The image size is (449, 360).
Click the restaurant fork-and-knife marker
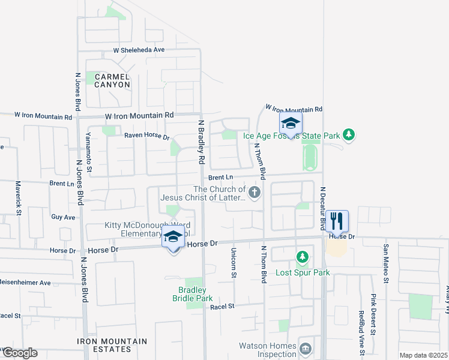pos(337,221)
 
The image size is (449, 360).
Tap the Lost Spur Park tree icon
pos(303,258)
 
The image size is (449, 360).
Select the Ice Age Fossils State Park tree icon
pos(349,135)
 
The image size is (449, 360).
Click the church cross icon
pos(255,193)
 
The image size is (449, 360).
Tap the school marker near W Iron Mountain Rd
pos(290,124)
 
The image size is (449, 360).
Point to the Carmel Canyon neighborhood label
pos(108,80)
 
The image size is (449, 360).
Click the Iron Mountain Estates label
pos(112,345)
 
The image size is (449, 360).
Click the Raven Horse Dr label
pos(147,136)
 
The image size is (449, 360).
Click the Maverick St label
pos(19,199)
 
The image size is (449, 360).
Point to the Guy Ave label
pos(63,217)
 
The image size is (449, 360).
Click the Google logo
pos(19,353)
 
